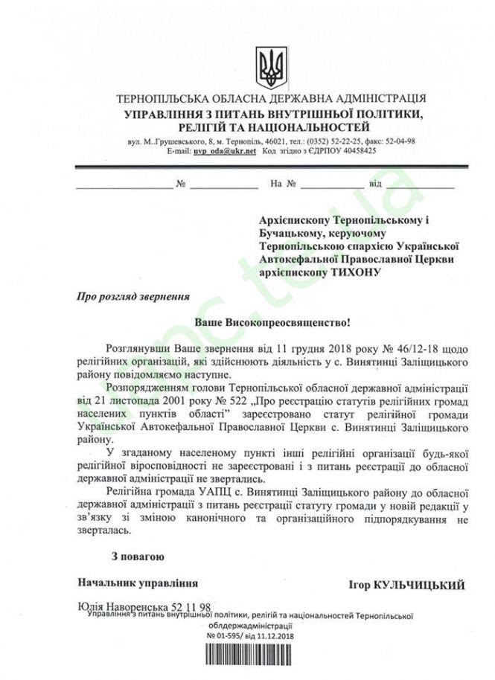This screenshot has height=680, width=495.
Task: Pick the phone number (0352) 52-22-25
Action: [334, 141]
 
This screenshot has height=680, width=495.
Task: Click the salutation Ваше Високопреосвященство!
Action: [272, 324]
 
